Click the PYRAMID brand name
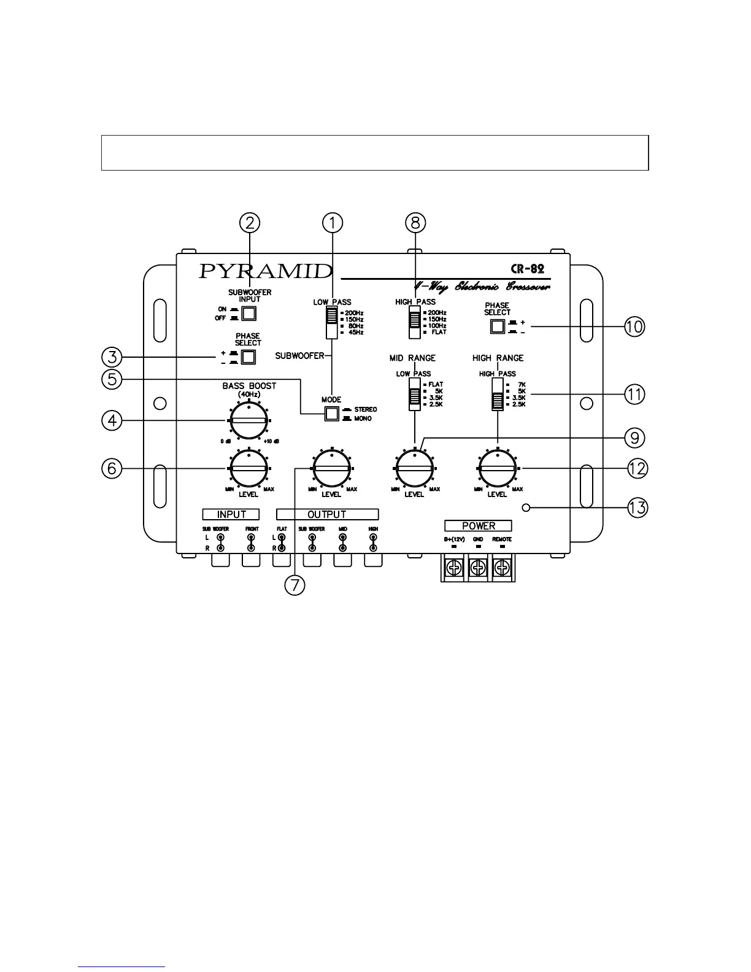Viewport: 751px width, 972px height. click(265, 271)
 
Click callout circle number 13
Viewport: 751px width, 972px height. click(636, 508)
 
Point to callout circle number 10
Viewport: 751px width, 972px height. click(634, 326)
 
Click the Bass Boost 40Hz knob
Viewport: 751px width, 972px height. click(248, 421)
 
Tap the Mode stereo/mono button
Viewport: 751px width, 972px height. click(331, 414)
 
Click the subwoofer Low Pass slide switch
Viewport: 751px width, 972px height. click(332, 322)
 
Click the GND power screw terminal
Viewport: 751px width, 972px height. click(478, 568)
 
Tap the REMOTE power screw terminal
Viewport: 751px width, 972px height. click(503, 568)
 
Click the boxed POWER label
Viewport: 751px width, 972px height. click(478, 526)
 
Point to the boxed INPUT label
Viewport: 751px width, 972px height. click(231, 514)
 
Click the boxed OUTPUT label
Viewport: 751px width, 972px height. click(327, 514)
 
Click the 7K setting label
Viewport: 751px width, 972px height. click(522, 385)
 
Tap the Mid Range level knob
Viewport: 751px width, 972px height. click(415, 469)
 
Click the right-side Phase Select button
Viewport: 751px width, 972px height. click(497, 326)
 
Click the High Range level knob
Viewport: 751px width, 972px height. click(498, 469)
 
